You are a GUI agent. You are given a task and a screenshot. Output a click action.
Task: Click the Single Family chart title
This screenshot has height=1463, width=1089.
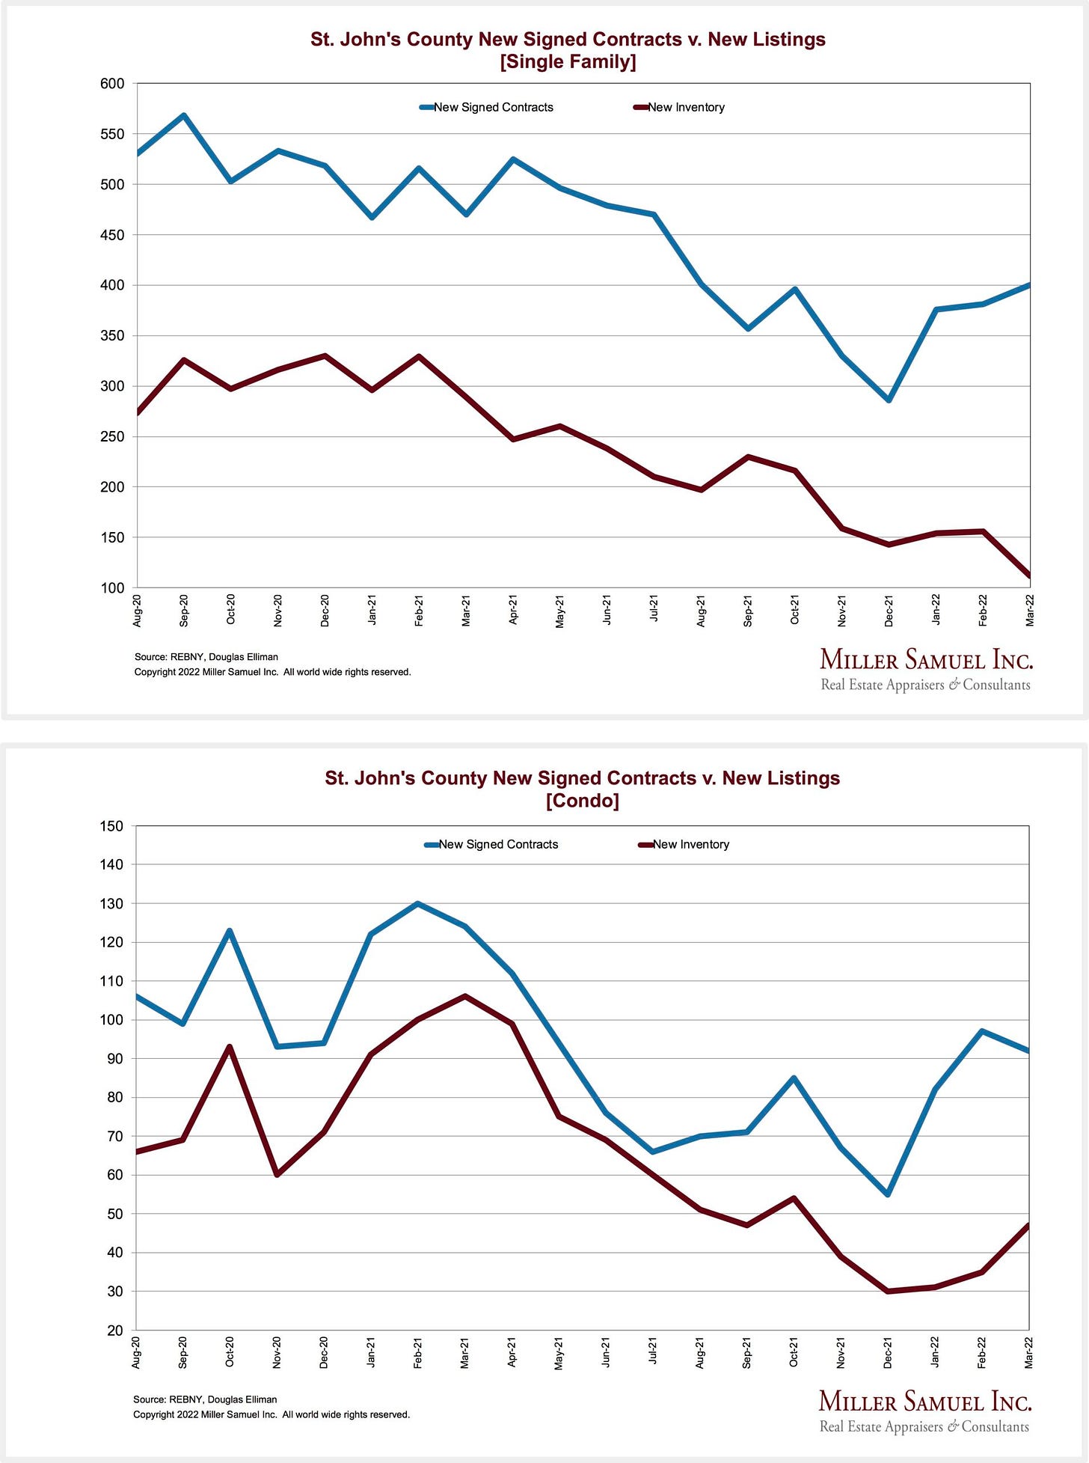[568, 50]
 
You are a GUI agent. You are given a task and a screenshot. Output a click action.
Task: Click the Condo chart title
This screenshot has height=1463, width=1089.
[582, 789]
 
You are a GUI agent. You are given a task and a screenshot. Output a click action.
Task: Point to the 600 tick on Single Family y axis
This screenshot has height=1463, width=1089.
[112, 84]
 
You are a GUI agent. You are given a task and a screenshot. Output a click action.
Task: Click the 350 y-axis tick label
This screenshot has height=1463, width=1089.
[112, 336]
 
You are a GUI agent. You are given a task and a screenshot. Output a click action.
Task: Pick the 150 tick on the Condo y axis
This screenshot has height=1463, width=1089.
[111, 826]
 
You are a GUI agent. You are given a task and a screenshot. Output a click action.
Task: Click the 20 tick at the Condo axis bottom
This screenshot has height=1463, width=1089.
[115, 1330]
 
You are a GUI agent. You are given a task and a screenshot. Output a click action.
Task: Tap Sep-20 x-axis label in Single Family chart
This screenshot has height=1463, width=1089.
[184, 611]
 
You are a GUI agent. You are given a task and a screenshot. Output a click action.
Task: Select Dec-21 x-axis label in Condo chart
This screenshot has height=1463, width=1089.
[888, 1353]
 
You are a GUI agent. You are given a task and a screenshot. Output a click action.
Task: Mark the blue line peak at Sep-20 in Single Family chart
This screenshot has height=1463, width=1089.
[184, 115]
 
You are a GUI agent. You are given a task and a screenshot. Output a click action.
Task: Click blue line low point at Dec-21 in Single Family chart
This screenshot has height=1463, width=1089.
[889, 400]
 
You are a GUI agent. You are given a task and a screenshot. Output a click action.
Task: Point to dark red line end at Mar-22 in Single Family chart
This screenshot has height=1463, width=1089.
[1029, 576]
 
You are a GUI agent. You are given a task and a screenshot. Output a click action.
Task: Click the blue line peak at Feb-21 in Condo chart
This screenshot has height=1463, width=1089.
[417, 903]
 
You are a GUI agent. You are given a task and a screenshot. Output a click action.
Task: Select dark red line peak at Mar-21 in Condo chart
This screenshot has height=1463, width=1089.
[464, 996]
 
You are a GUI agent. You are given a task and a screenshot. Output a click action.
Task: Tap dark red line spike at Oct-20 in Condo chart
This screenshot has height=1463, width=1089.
[230, 1046]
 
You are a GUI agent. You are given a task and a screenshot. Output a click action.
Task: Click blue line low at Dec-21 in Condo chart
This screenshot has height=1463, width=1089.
[888, 1194]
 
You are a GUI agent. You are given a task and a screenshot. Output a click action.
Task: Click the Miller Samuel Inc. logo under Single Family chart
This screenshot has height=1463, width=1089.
[926, 669]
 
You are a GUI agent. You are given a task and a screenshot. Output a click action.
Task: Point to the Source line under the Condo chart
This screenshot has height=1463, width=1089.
[205, 1399]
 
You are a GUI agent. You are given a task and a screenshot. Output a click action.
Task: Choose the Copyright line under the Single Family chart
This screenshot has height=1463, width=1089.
[272, 672]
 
